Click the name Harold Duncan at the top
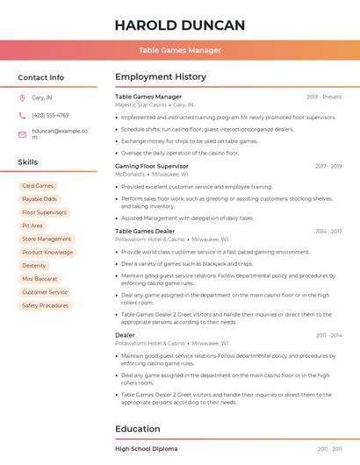point(179,25)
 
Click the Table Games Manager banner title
point(179,50)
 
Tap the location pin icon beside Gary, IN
point(22,97)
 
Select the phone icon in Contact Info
point(22,115)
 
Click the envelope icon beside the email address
point(22,134)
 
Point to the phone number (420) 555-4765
point(50,115)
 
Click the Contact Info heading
point(40,77)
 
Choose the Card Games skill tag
point(38,186)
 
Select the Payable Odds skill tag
point(40,199)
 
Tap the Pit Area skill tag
point(32,225)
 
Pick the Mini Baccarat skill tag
point(40,279)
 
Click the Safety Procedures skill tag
point(45,305)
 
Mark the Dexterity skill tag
point(34,265)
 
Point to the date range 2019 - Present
point(324,97)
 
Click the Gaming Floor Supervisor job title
point(152,166)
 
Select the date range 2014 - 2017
point(328,231)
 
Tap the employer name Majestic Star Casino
point(140,104)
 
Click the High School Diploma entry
point(147,448)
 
